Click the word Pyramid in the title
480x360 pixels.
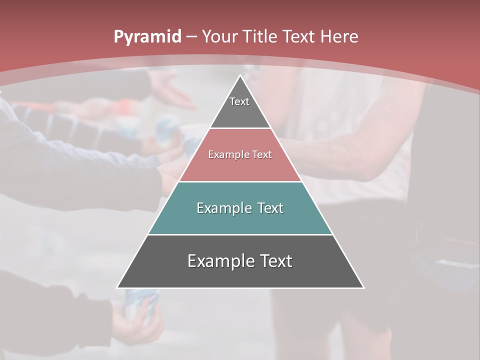pyautogui.click(x=147, y=37)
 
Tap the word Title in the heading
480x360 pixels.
pyautogui.click(x=260, y=36)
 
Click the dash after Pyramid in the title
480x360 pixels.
pyautogui.click(x=191, y=37)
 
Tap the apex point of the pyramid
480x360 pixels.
pyautogui.click(x=240, y=75)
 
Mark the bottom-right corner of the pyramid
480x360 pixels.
pyautogui.click(x=363, y=287)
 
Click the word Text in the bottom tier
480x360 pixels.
pyautogui.click(x=276, y=261)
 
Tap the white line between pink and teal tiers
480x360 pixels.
pyautogui.click(x=240, y=181)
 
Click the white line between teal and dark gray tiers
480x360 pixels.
pyautogui.click(x=240, y=234)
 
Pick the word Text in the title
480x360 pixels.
pyautogui.click(x=300, y=36)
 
